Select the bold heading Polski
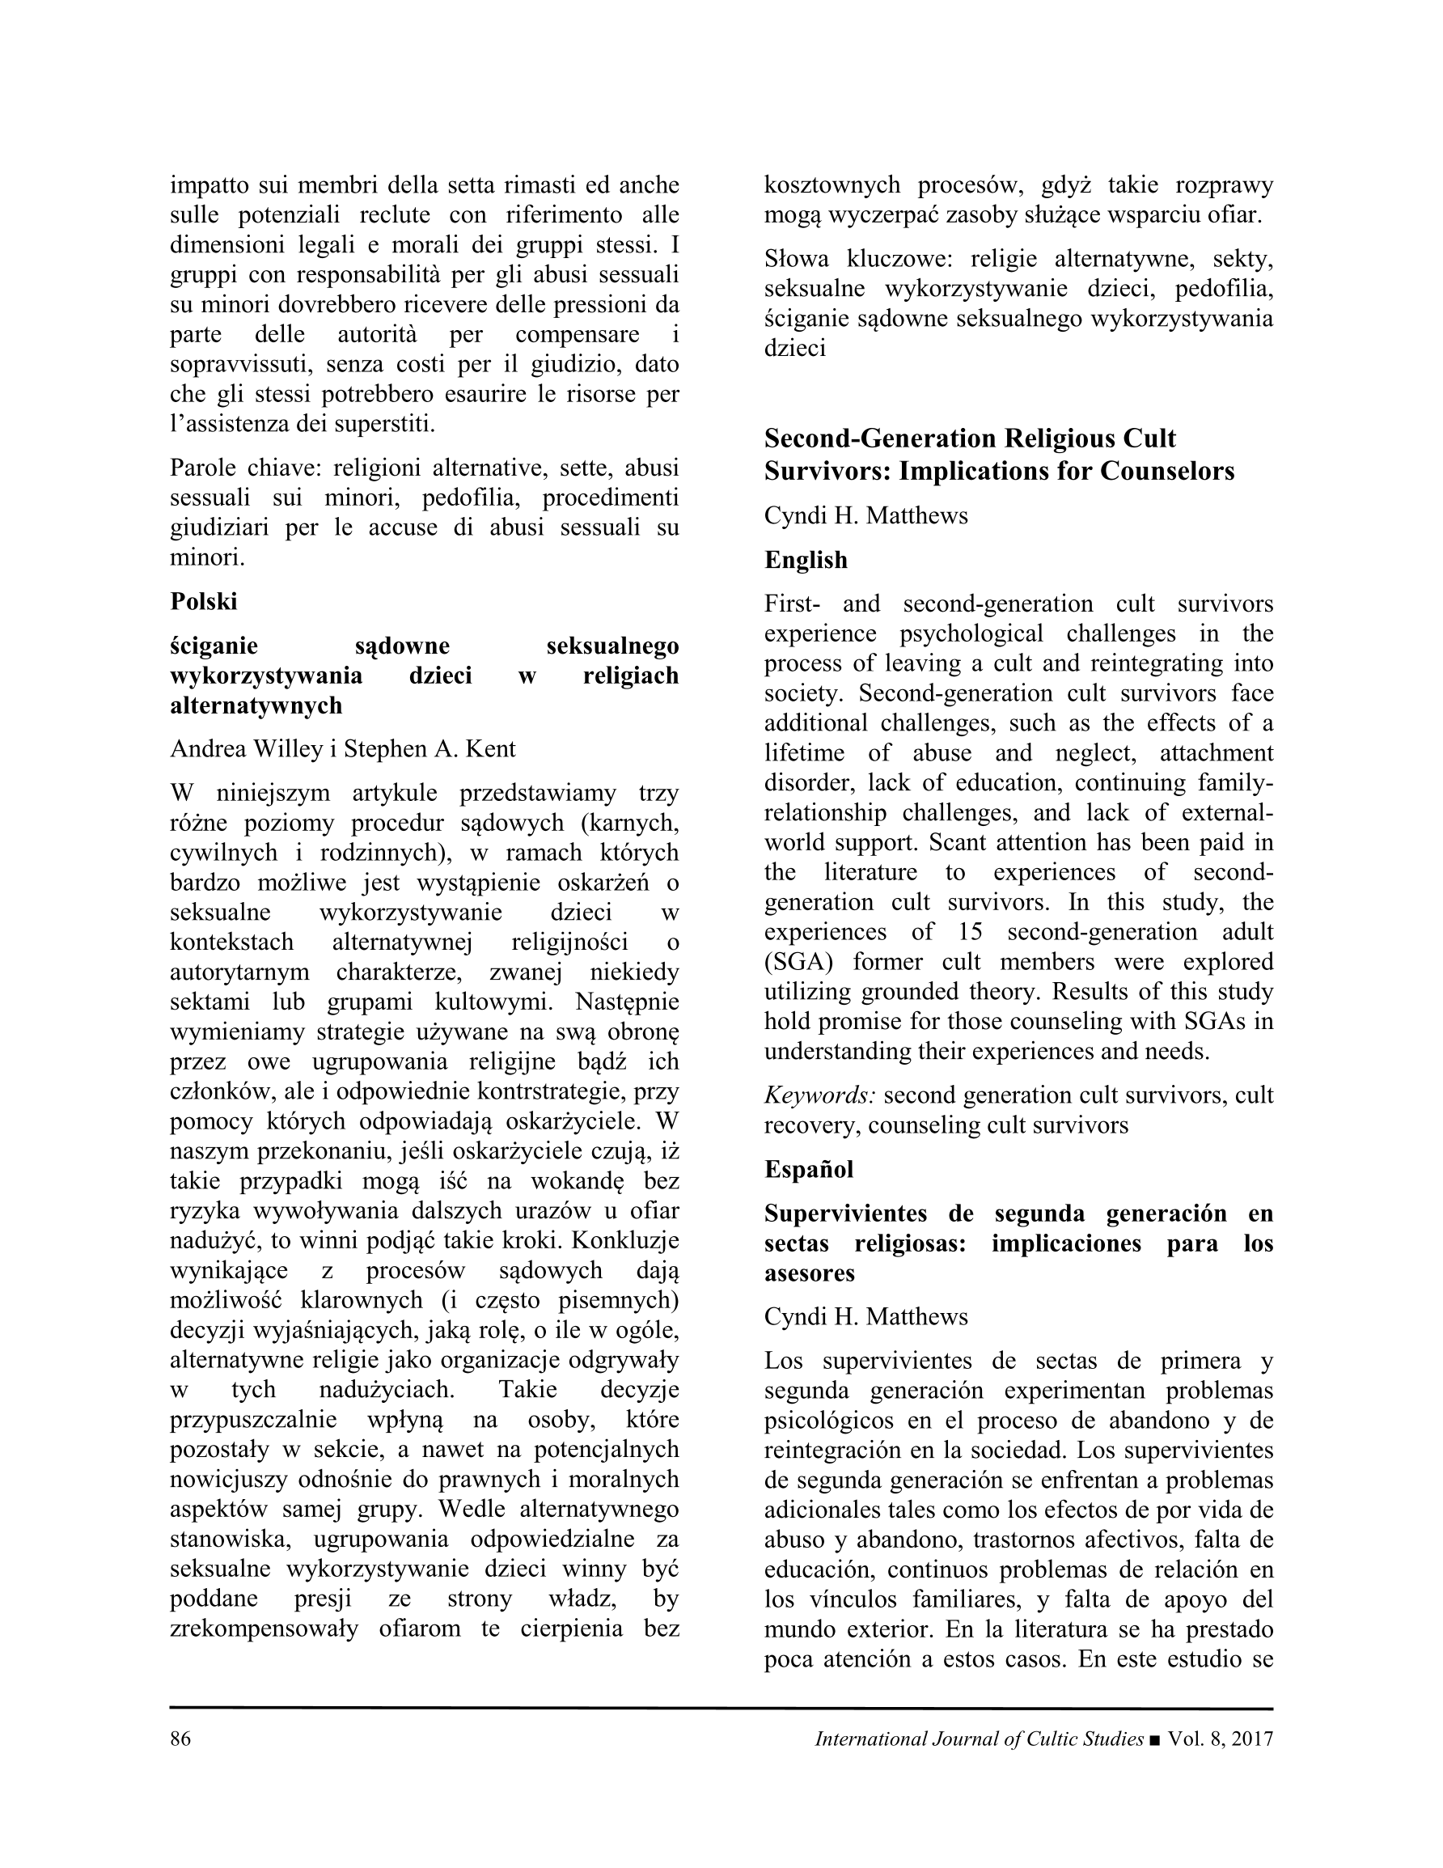click(204, 601)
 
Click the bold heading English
click(806, 560)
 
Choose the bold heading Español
click(808, 1169)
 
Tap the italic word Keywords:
click(819, 1095)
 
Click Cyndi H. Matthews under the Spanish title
click(865, 1316)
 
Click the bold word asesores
click(809, 1273)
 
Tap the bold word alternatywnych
click(256, 705)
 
